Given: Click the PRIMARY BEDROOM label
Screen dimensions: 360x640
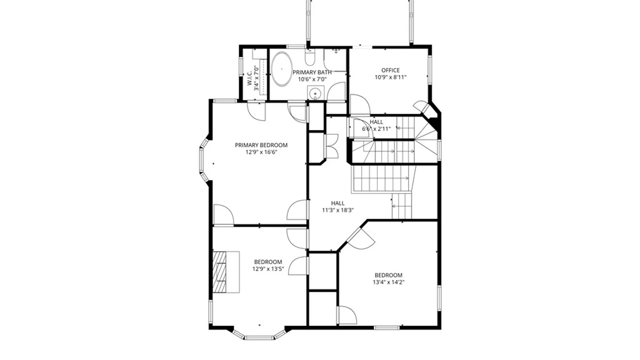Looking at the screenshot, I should point(261,145).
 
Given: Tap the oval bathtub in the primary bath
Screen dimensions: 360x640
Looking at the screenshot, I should point(282,69).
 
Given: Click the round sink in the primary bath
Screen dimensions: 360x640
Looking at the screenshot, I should point(315,93).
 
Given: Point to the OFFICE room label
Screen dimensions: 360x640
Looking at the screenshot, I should point(390,70).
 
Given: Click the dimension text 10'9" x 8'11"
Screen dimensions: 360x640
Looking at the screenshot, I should point(390,77).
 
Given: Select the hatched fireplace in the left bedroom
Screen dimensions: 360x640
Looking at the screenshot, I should point(220,272).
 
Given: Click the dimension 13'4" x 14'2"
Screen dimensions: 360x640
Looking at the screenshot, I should point(388,282).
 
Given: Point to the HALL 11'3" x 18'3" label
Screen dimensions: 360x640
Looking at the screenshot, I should point(338,207).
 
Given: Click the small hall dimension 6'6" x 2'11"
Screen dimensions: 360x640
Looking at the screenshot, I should point(376,129).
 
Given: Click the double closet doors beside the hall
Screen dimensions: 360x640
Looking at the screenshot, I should point(332,146).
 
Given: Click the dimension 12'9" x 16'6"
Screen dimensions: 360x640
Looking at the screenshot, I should point(261,152).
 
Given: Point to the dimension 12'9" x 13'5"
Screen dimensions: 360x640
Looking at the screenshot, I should point(268,269).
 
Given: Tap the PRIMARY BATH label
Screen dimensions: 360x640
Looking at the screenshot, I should point(312,72).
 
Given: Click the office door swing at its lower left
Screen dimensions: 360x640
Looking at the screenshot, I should point(359,105).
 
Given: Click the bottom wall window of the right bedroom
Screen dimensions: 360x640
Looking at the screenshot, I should point(386,328).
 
